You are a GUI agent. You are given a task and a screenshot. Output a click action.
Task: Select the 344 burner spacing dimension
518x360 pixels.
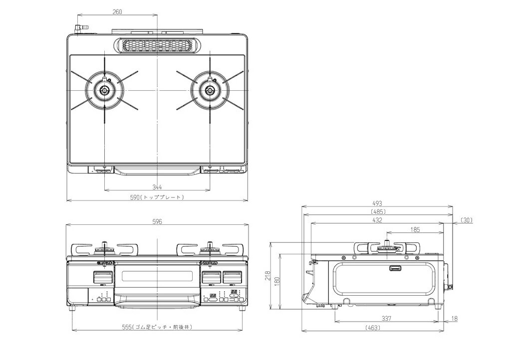(157, 186)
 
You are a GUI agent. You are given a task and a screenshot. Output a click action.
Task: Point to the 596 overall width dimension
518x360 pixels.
(157, 222)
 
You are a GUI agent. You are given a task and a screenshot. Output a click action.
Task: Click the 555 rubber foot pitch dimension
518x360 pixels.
(157, 327)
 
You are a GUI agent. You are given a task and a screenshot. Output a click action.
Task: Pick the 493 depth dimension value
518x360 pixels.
(377, 203)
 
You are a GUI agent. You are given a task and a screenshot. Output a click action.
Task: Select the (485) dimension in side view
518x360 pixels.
(377, 211)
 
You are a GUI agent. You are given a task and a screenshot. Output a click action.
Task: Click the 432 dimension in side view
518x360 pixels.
(377, 220)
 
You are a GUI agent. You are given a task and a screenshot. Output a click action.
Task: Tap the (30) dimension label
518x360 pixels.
(467, 219)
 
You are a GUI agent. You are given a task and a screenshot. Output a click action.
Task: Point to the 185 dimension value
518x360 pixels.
(415, 230)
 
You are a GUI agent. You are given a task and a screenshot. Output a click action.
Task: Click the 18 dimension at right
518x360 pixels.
(454, 318)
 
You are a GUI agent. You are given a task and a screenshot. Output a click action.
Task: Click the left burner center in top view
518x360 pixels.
(104, 90)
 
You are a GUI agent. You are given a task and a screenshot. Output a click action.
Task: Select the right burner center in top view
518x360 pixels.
(210, 90)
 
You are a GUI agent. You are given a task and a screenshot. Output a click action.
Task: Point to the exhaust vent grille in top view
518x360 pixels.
(157, 45)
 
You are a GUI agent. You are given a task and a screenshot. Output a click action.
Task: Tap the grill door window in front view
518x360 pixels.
(157, 276)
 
